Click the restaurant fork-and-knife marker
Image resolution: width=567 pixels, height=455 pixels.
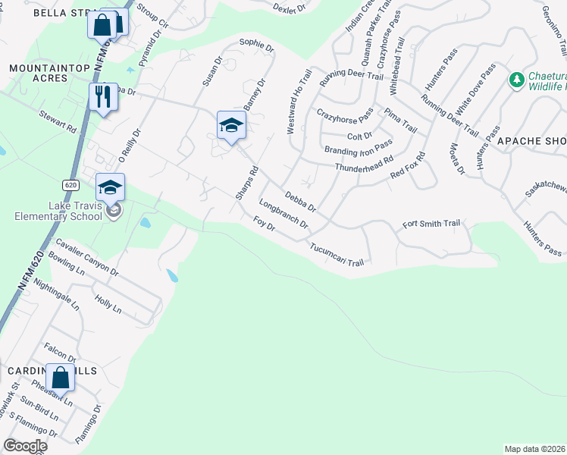click(103, 96)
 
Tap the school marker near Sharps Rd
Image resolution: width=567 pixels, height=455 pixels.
click(231, 125)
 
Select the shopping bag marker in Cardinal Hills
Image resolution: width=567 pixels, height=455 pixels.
click(60, 378)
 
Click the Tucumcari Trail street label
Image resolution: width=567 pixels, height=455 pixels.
click(337, 254)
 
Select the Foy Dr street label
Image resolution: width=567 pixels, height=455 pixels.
click(264, 224)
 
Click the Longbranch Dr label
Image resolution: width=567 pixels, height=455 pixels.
click(283, 214)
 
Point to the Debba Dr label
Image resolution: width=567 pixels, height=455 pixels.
click(300, 200)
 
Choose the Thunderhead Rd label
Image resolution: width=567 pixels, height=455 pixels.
click(364, 164)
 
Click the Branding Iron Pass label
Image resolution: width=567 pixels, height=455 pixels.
click(358, 146)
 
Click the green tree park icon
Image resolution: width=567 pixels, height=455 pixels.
click(517, 80)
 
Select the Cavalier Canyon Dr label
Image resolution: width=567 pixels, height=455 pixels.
click(88, 257)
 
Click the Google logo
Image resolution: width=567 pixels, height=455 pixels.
click(25, 446)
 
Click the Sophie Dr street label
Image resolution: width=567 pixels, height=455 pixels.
click(255, 45)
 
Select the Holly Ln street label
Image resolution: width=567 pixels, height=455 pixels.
click(108, 305)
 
